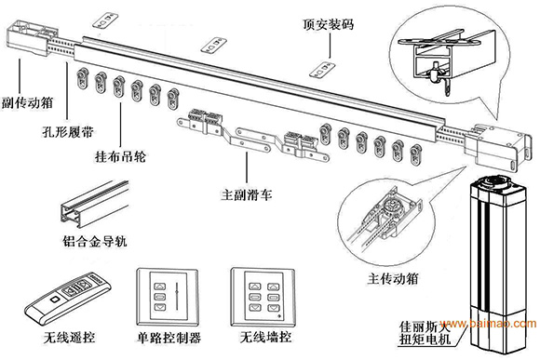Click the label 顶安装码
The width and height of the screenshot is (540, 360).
click(329, 24)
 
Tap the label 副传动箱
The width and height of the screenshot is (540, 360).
click(28, 102)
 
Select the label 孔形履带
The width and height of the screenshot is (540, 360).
click(68, 132)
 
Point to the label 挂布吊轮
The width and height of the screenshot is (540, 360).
click(120, 157)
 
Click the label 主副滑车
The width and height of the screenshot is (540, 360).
click(247, 195)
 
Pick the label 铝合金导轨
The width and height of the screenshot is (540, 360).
click(95, 241)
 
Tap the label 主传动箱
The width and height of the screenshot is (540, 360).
click(393, 278)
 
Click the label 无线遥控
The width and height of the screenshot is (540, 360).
click(69, 338)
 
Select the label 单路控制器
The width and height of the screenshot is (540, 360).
click(169, 338)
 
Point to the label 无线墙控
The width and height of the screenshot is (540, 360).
click(265, 338)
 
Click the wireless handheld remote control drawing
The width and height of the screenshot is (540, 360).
click(69, 298)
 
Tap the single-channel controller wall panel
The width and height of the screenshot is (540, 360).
click(168, 298)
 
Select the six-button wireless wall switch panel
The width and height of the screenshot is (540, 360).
click(263, 298)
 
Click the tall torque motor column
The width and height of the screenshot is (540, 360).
click(499, 264)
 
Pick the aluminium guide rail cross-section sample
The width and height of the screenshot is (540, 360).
click(95, 204)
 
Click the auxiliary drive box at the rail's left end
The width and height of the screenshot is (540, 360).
click(32, 38)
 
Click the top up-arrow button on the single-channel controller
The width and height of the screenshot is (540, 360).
click(159, 287)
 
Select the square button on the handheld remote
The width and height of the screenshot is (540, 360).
click(54, 300)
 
